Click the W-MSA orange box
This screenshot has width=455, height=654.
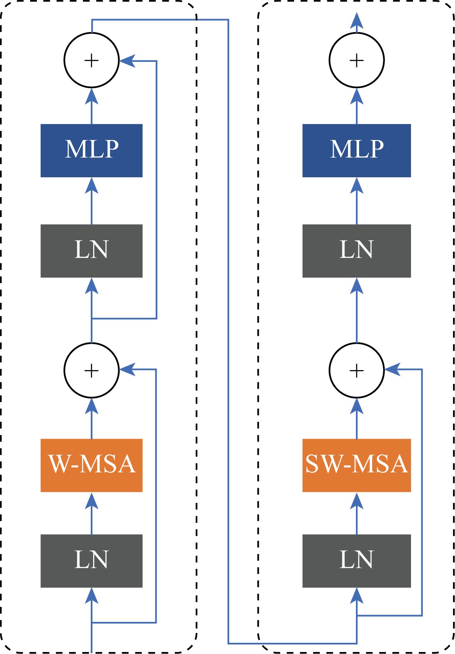pyautogui.click(x=92, y=465)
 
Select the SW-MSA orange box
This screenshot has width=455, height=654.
pyautogui.click(x=356, y=465)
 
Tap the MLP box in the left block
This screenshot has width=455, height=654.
pyautogui.click(x=92, y=150)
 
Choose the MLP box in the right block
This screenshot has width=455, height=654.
pyautogui.click(x=356, y=150)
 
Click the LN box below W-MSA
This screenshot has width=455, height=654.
pyautogui.click(x=92, y=561)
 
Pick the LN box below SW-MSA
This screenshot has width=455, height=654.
pyautogui.click(x=356, y=561)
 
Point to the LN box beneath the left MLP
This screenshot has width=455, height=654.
pyautogui.click(x=92, y=251)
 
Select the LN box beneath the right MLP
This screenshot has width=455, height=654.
pyautogui.click(x=356, y=251)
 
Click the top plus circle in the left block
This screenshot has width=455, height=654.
pyautogui.click(x=92, y=60)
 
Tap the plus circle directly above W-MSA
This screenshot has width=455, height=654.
pyautogui.click(x=92, y=370)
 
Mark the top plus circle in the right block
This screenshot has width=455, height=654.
pyautogui.click(x=356, y=60)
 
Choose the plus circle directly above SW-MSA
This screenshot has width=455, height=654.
pyautogui.click(x=356, y=370)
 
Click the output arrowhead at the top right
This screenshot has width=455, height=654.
pyautogui.click(x=356, y=21)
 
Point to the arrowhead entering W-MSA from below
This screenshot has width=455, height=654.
pyautogui.click(x=92, y=501)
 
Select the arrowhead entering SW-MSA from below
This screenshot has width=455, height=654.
pyautogui.click(x=356, y=501)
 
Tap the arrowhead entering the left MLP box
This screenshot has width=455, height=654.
pyautogui.click(x=92, y=186)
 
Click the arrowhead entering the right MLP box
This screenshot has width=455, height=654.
pyautogui.click(x=356, y=186)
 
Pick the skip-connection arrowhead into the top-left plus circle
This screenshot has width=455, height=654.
pyautogui.click(x=127, y=61)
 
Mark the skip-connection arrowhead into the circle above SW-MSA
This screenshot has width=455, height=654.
pyautogui.click(x=392, y=370)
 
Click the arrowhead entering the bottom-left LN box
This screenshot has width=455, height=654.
pyautogui.click(x=92, y=596)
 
